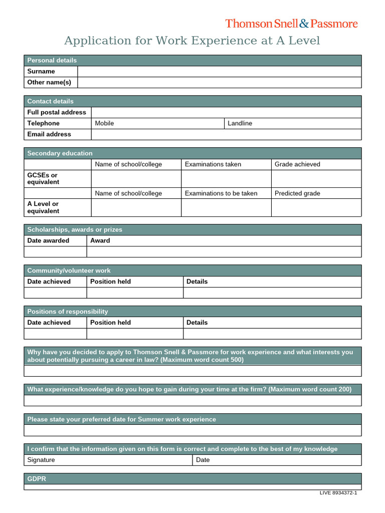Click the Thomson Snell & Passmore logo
pyautogui.click(x=291, y=24)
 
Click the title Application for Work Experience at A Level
pyautogui.click(x=192, y=41)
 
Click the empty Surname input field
pyautogui.click(x=219, y=71)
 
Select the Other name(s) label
pyautogui.click(x=49, y=82)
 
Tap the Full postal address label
pyautogui.click(x=57, y=112)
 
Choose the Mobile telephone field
pyautogui.click(x=158, y=123)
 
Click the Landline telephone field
pyautogui.click(x=293, y=123)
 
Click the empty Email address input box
pyautogui.click(x=226, y=134)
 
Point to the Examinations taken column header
pyautogui.click(x=213, y=164)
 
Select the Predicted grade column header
pyautogui.click(x=297, y=193)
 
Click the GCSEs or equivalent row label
pyautogui.click(x=43, y=179)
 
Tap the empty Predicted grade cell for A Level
pyautogui.click(x=316, y=207)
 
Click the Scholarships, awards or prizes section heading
pyautogui.click(x=75, y=229)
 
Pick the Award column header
pyautogui.click(x=100, y=240)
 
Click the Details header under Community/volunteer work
pyautogui.click(x=197, y=282)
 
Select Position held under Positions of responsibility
pyautogui.click(x=110, y=323)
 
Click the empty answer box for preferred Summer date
pyautogui.click(x=192, y=430)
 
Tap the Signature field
pyautogui.click(x=108, y=460)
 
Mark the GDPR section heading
pyautogui.click(x=37, y=479)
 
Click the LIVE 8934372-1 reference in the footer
pyautogui.click(x=338, y=493)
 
